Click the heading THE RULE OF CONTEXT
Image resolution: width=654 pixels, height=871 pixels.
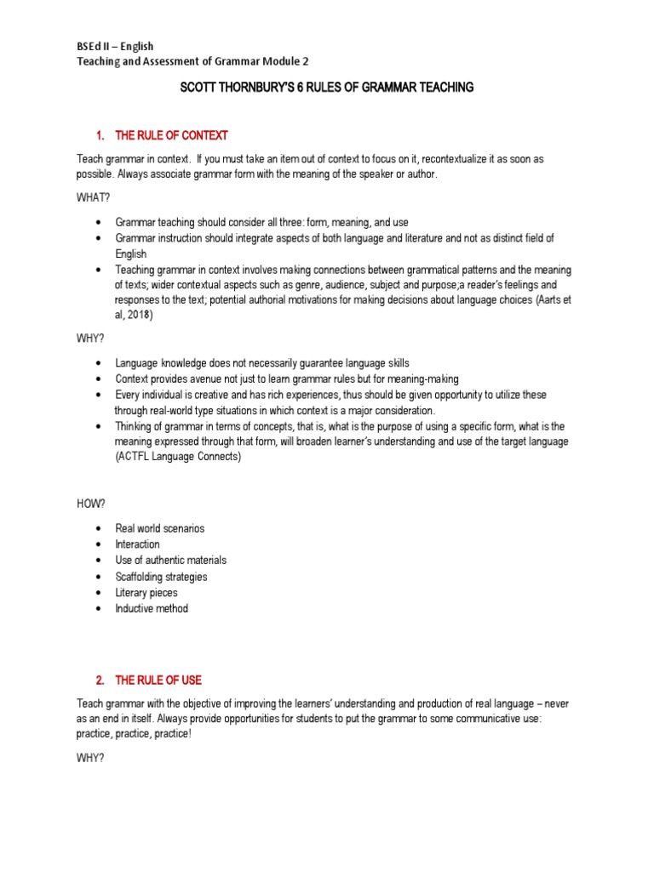171,135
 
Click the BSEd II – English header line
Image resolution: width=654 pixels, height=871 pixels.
115,46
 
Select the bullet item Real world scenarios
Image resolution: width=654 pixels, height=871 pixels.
159,528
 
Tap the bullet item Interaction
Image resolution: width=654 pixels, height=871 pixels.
137,544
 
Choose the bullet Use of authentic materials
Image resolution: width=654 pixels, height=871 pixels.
170,561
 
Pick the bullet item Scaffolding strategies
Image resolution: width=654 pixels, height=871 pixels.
161,577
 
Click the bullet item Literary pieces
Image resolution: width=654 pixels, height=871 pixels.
146,593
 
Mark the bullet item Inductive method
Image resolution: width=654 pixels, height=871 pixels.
152,609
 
